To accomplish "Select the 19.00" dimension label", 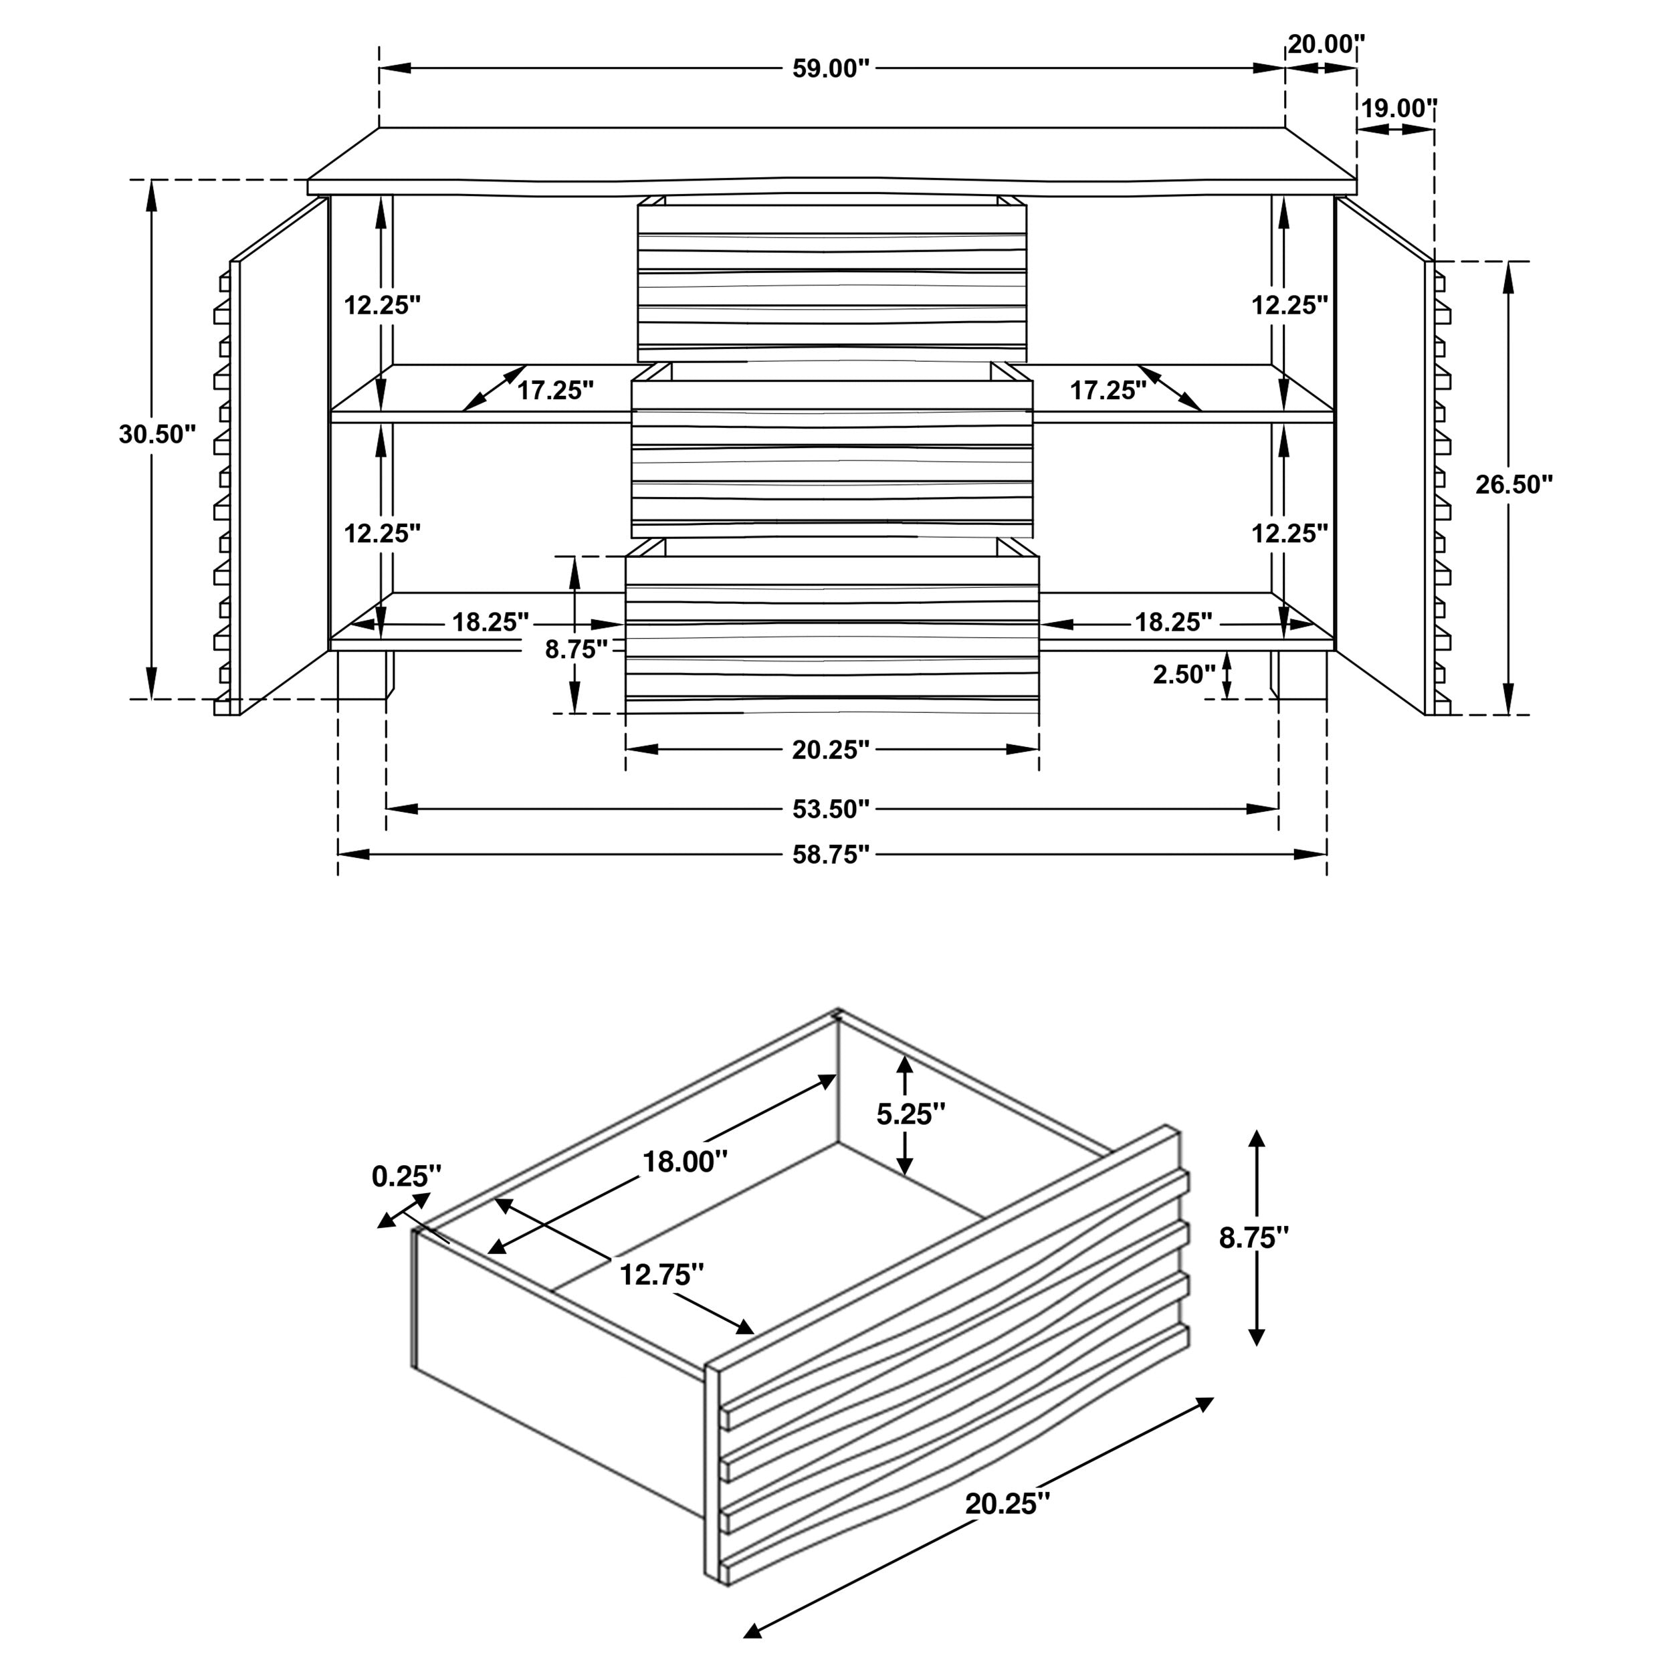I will click(x=1398, y=108).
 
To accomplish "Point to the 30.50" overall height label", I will click(x=158, y=435).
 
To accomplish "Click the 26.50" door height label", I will click(x=1513, y=485).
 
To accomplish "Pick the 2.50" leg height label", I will click(x=1183, y=674).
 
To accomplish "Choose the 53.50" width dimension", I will click(x=830, y=809).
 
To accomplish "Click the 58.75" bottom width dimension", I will click(x=830, y=855).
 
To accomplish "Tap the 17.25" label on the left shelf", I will click(x=554, y=391).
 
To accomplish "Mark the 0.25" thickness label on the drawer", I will click(x=406, y=1176).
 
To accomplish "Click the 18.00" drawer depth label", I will click(x=684, y=1162).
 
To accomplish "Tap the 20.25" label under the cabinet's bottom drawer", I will click(x=830, y=750).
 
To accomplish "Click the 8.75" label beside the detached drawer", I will click(x=1253, y=1239).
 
